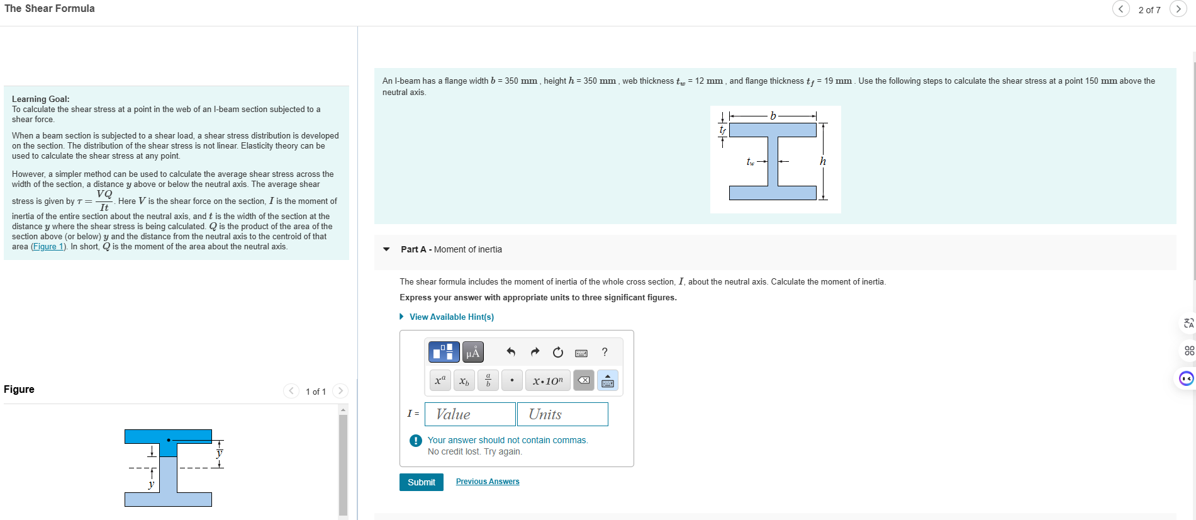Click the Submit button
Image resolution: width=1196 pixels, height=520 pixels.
point(421,482)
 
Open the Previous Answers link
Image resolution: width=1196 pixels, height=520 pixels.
point(488,482)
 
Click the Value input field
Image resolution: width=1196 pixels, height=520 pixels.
point(470,414)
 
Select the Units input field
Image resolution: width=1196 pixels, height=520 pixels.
point(562,414)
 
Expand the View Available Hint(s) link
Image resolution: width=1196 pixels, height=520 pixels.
point(451,317)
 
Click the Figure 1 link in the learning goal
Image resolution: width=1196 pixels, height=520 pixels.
point(48,247)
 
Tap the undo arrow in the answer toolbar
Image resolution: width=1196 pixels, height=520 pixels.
point(511,352)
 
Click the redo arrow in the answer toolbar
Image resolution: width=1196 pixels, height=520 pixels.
point(535,352)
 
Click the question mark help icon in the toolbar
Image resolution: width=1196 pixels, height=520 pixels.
point(605,352)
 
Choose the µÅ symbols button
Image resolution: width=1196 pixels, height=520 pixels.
point(472,352)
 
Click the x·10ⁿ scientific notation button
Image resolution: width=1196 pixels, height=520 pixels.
point(547,380)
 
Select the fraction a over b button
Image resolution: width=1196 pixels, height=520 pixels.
point(488,380)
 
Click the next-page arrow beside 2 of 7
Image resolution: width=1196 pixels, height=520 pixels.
point(1178,9)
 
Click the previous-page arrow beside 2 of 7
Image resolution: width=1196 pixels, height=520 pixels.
point(1121,9)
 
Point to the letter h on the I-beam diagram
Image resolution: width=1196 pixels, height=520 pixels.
point(822,162)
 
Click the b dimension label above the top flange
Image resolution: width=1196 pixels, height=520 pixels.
point(773,116)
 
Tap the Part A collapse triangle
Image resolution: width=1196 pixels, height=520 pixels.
point(386,249)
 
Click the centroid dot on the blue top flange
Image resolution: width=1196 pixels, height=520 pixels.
point(169,439)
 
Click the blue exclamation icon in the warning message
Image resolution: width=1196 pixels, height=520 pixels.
point(415,441)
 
